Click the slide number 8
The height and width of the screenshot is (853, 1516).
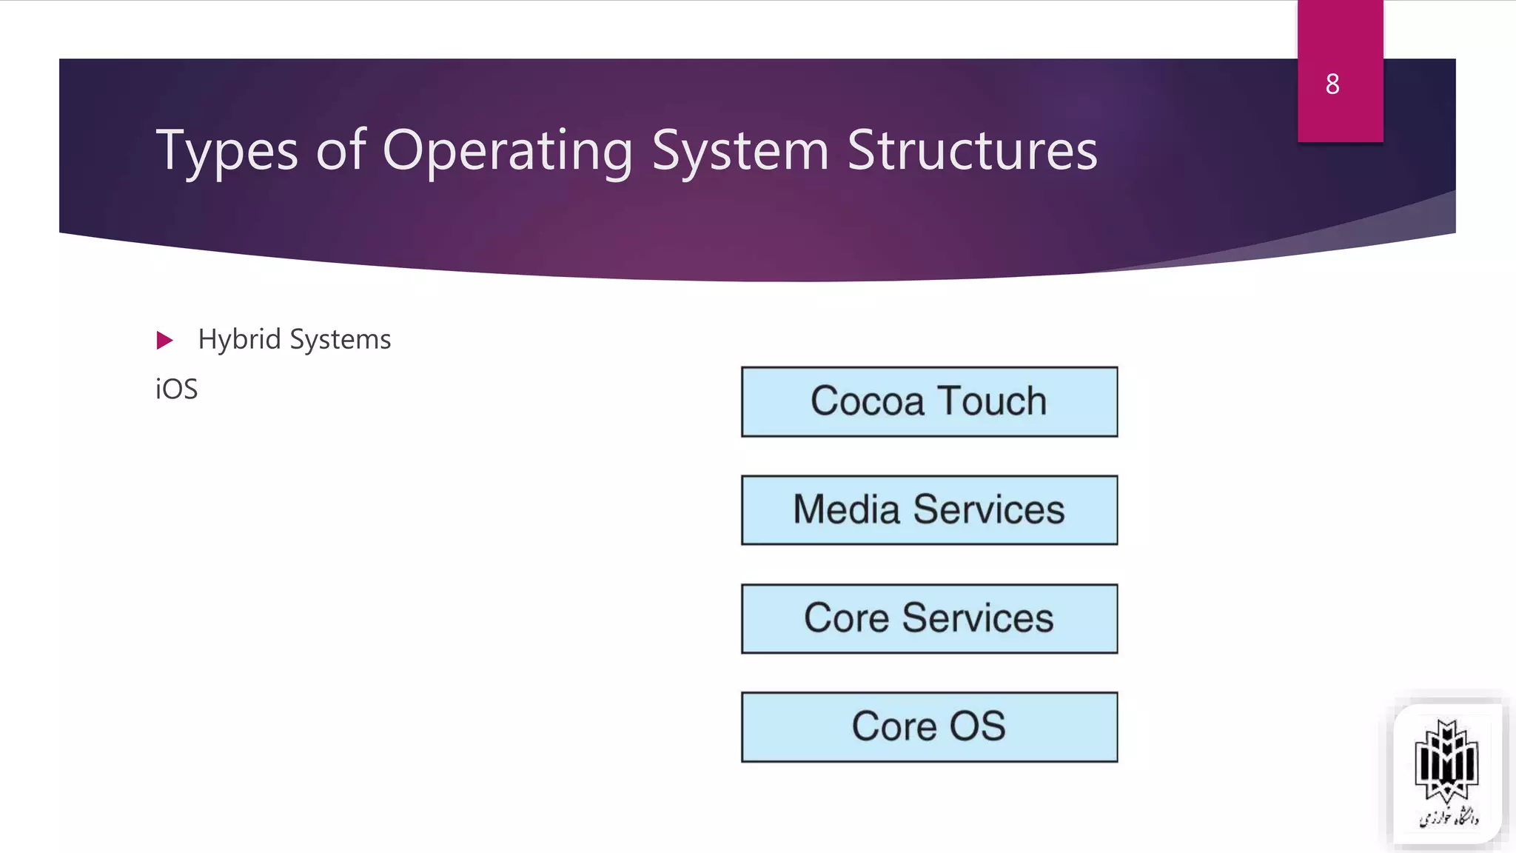pyautogui.click(x=1332, y=84)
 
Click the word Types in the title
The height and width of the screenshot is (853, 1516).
pyautogui.click(x=227, y=152)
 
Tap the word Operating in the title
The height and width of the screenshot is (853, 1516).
pyautogui.click(x=508, y=152)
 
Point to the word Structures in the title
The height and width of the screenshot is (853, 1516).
pyautogui.click(x=972, y=150)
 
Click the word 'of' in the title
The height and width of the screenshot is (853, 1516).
pyautogui.click(x=341, y=150)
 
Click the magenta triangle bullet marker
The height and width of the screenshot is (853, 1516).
pyautogui.click(x=164, y=341)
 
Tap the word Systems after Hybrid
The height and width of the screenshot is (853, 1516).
pyautogui.click(x=341, y=340)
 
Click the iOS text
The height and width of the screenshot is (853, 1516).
pyautogui.click(x=177, y=389)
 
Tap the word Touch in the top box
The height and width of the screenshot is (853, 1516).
pyautogui.click(x=992, y=401)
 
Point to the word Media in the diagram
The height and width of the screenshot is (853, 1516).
pyautogui.click(x=846, y=510)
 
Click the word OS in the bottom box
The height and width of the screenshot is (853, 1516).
pyautogui.click(x=977, y=726)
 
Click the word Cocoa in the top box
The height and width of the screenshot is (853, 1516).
pyautogui.click(x=867, y=401)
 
